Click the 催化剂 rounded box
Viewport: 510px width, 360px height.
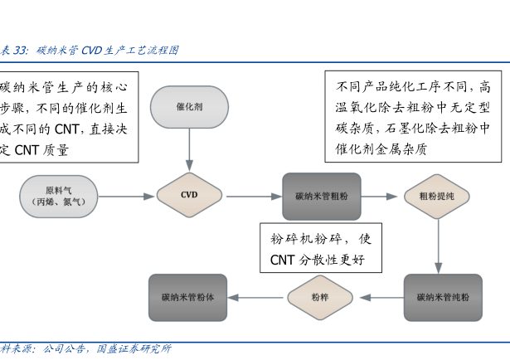click(x=188, y=107)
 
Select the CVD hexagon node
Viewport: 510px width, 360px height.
click(x=190, y=196)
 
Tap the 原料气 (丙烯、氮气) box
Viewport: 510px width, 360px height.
click(x=59, y=196)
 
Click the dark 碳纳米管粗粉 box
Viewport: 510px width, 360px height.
click(x=321, y=196)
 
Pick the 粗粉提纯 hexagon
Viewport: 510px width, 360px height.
click(x=437, y=196)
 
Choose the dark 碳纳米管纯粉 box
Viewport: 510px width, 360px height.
click(x=443, y=297)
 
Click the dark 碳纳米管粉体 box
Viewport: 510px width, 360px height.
click(x=187, y=297)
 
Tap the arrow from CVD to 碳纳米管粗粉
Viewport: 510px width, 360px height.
click(x=253, y=197)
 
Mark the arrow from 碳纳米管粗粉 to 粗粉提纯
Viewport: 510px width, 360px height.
click(x=380, y=197)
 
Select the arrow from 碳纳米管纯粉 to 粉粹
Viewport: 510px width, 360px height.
click(x=378, y=297)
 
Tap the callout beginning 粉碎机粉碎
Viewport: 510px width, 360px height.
click(x=320, y=249)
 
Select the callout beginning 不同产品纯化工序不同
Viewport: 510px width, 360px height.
click(x=413, y=117)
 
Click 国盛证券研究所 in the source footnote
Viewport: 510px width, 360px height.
click(x=134, y=348)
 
